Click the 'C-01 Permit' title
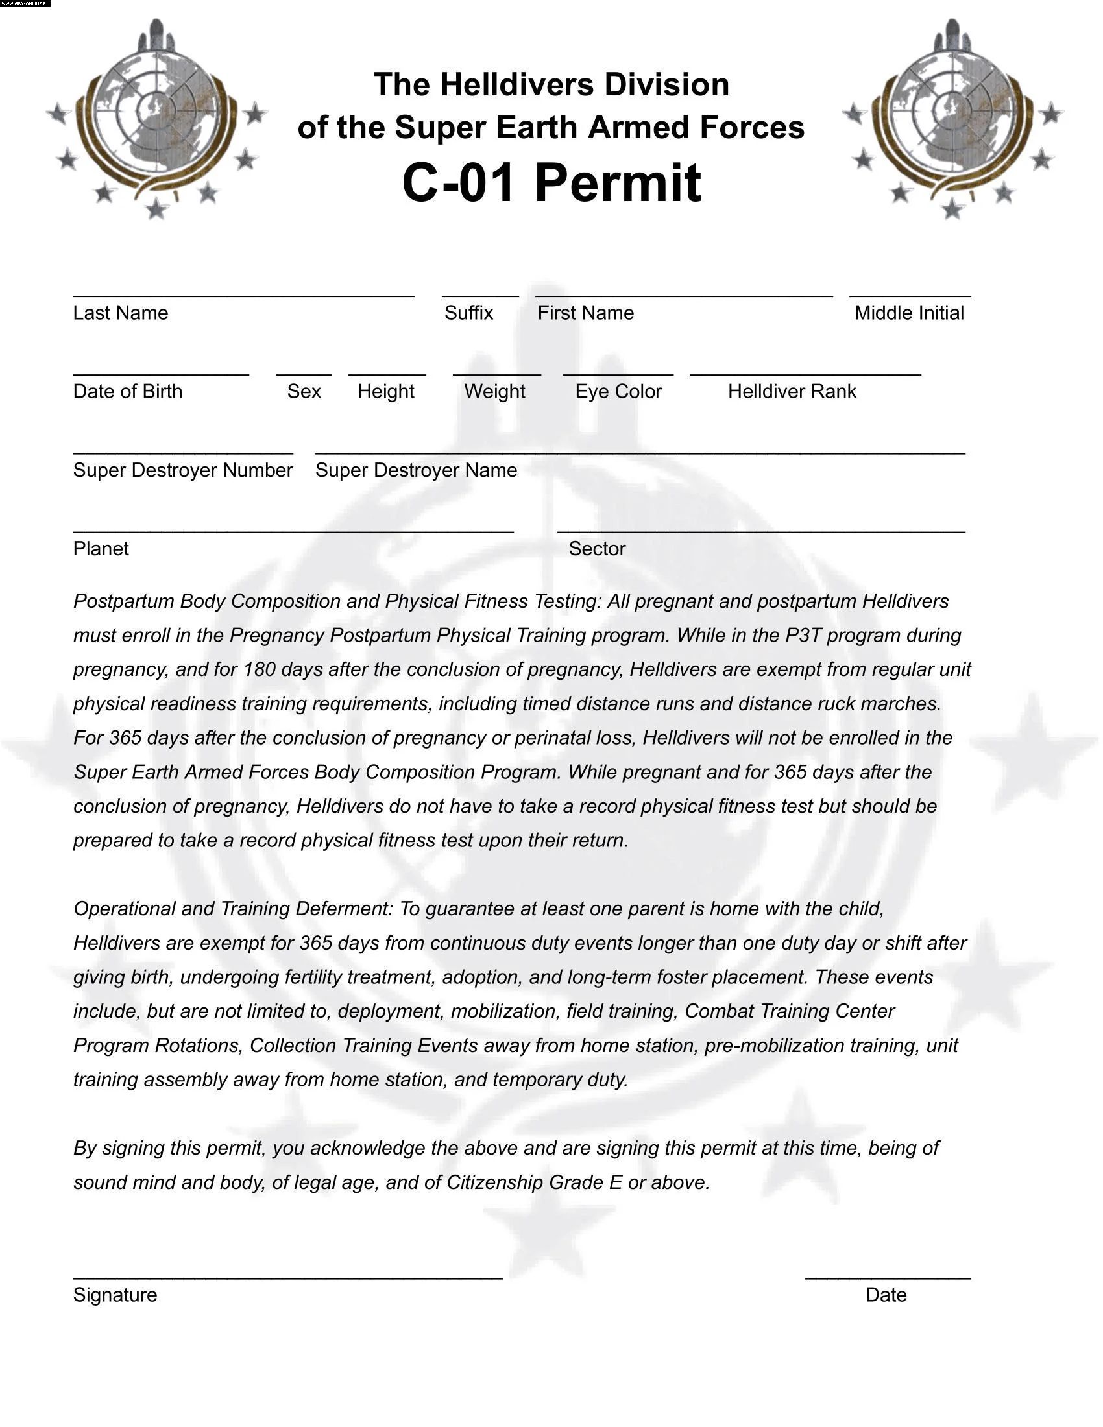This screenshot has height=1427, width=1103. [551, 183]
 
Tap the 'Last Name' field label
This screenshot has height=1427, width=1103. [120, 313]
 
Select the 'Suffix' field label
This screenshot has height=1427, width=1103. [468, 313]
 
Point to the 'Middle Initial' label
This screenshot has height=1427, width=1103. [909, 313]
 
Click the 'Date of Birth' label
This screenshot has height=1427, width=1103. [127, 391]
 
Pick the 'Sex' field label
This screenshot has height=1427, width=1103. [304, 391]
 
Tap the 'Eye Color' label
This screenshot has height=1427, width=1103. [618, 391]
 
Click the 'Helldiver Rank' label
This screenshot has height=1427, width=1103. [792, 391]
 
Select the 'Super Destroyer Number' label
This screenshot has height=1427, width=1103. [183, 470]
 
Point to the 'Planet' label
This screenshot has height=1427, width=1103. [101, 548]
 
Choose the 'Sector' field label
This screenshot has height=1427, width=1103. [596, 548]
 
